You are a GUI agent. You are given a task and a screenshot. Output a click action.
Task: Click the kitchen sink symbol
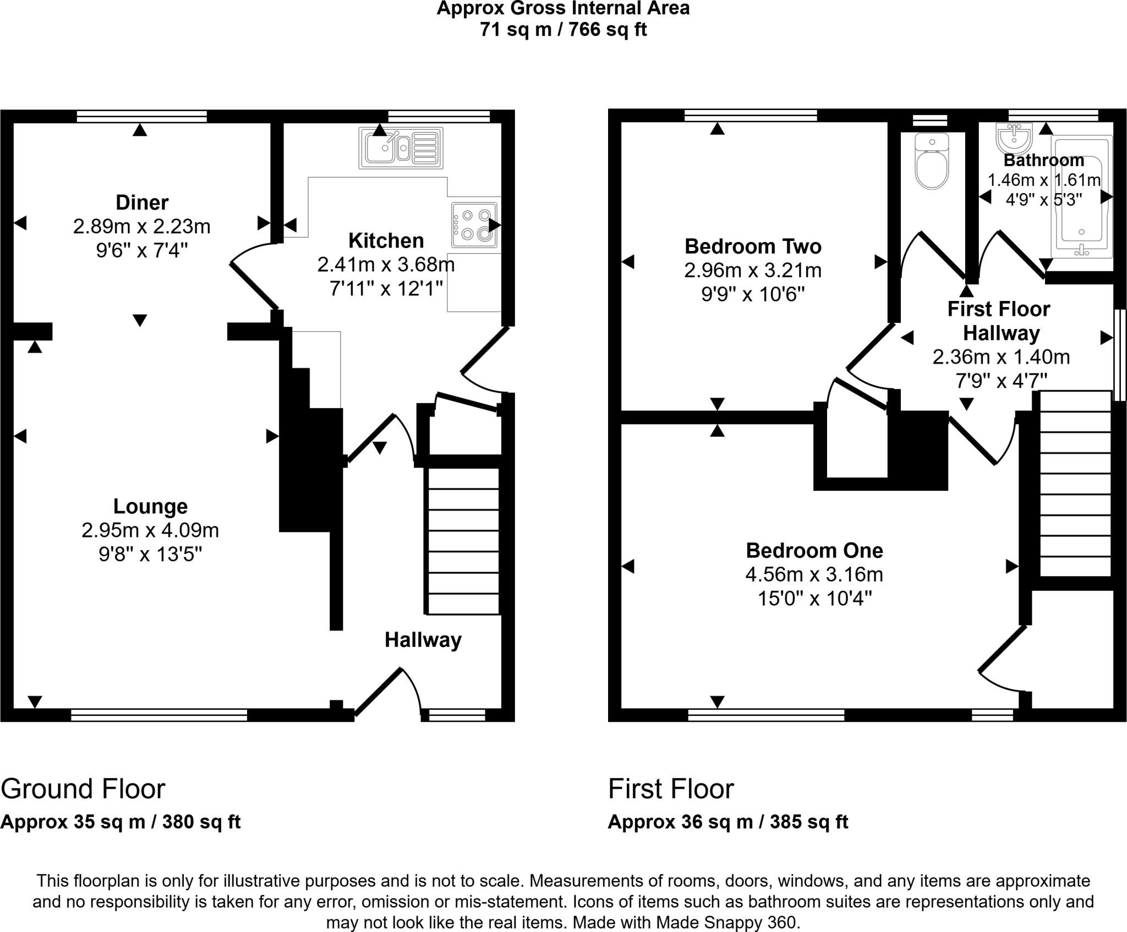(x=401, y=147)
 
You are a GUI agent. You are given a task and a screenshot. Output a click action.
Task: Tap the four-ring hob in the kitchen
(x=474, y=225)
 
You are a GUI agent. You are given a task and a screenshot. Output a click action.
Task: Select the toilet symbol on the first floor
(x=932, y=161)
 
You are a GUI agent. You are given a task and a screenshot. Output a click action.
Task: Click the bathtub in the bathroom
(x=1082, y=196)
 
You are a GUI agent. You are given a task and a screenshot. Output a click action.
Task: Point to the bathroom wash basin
(x=1014, y=139)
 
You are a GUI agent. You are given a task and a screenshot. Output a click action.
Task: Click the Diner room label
(x=142, y=202)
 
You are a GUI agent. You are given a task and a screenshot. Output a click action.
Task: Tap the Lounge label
(x=150, y=506)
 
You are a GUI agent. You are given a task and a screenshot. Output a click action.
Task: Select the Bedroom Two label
(x=753, y=246)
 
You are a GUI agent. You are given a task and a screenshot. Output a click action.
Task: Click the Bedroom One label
(x=814, y=550)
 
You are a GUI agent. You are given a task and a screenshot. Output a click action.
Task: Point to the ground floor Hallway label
(x=423, y=640)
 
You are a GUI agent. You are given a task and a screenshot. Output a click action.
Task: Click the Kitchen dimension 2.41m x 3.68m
(x=386, y=265)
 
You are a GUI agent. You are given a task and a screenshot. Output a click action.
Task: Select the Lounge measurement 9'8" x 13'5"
(x=150, y=554)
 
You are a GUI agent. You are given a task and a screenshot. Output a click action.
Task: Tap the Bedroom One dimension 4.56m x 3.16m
(x=814, y=574)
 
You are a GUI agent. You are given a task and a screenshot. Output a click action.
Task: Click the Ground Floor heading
(x=83, y=789)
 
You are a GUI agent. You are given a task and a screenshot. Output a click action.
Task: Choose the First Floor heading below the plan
(x=671, y=789)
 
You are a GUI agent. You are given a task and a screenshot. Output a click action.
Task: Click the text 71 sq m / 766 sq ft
(x=563, y=29)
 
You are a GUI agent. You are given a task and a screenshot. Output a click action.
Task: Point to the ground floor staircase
(x=463, y=541)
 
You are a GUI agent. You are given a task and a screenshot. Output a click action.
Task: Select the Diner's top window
(x=142, y=116)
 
